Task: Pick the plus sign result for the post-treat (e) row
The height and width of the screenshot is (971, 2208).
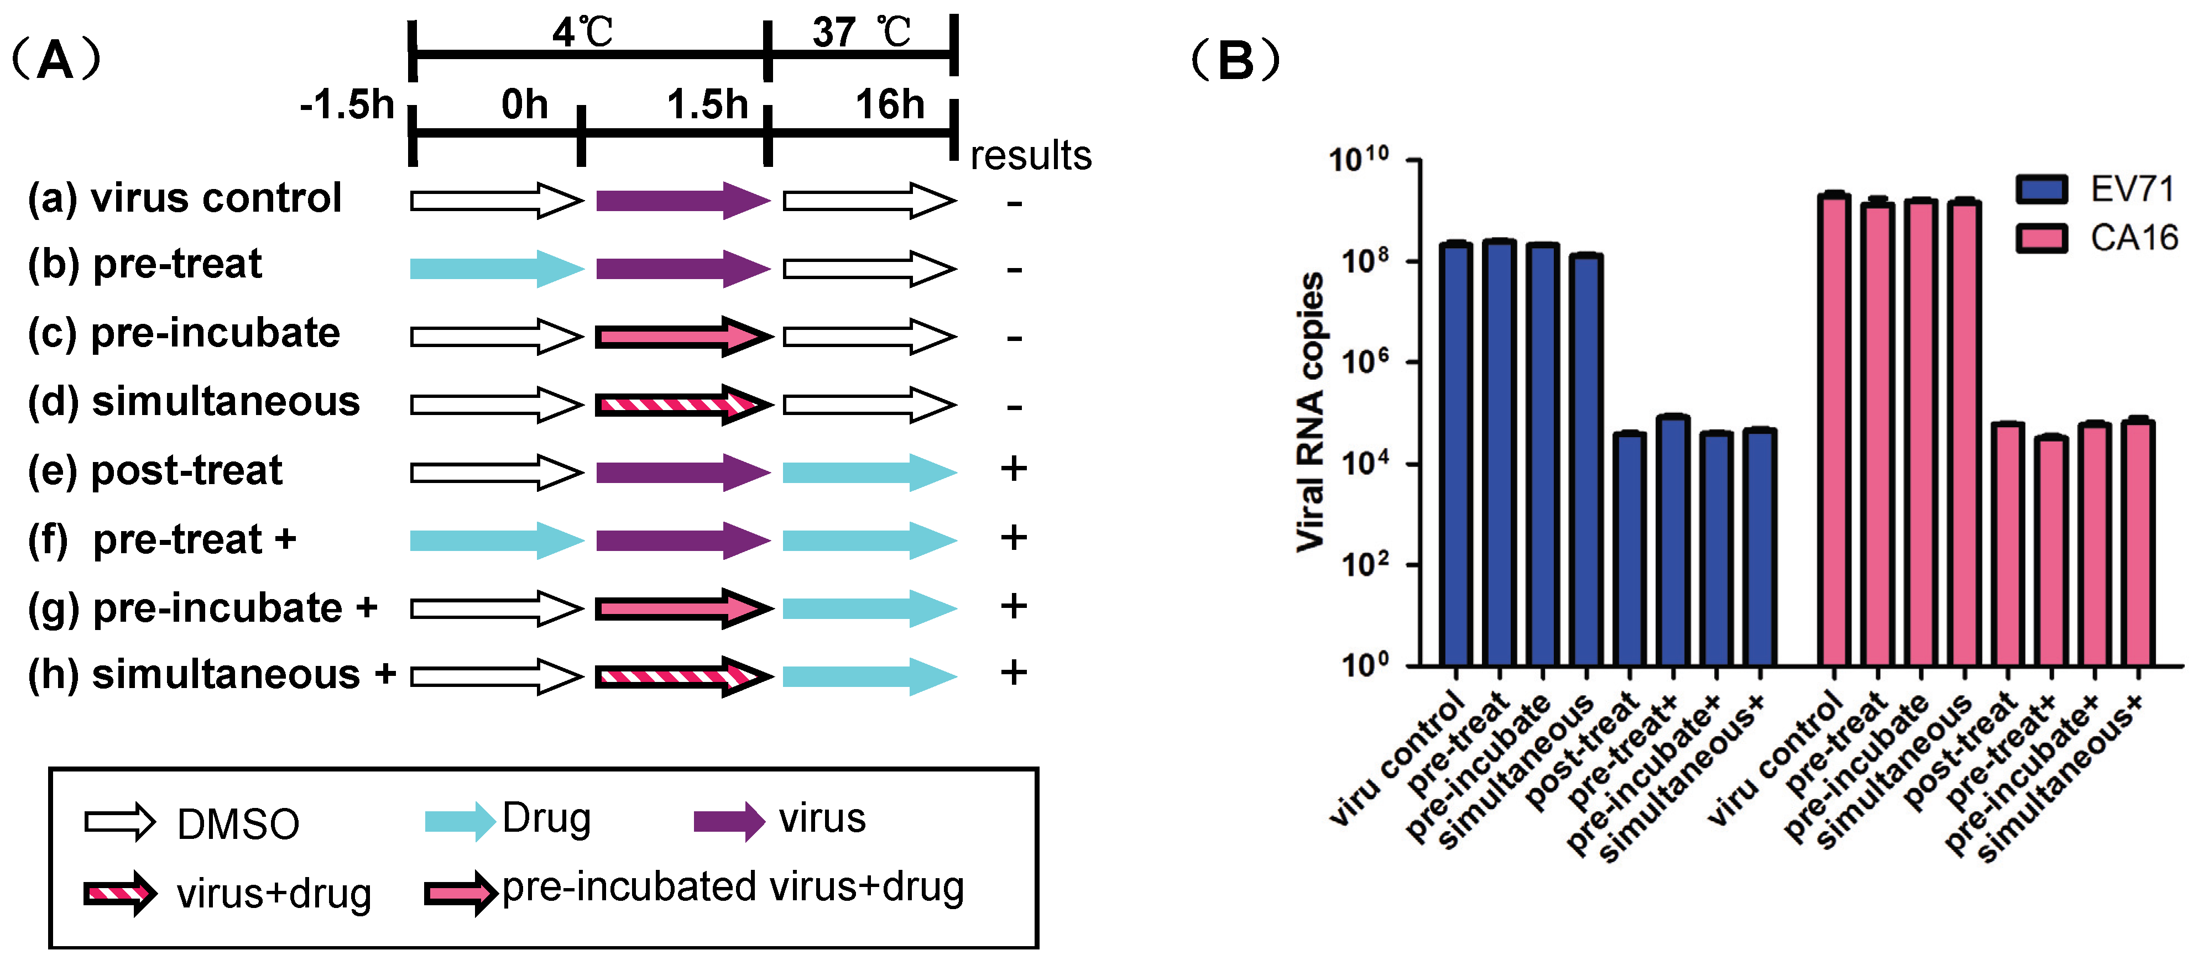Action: tap(1013, 469)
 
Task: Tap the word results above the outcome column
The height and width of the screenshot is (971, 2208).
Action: tap(1030, 156)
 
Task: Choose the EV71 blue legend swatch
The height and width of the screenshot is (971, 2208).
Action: tap(2041, 188)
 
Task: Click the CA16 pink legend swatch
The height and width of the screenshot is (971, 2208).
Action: tap(2041, 238)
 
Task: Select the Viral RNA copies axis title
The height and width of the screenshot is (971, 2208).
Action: tap(1310, 411)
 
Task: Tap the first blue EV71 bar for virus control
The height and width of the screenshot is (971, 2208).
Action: tap(1455, 454)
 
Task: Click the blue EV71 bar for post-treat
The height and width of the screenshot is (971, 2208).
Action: tap(1628, 548)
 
